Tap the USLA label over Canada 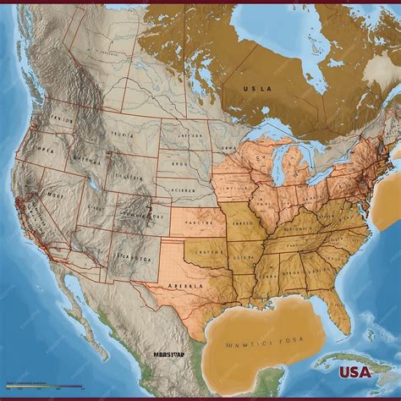(x=258, y=86)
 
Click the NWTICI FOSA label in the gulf (x=264, y=343)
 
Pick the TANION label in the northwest (x=63, y=118)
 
